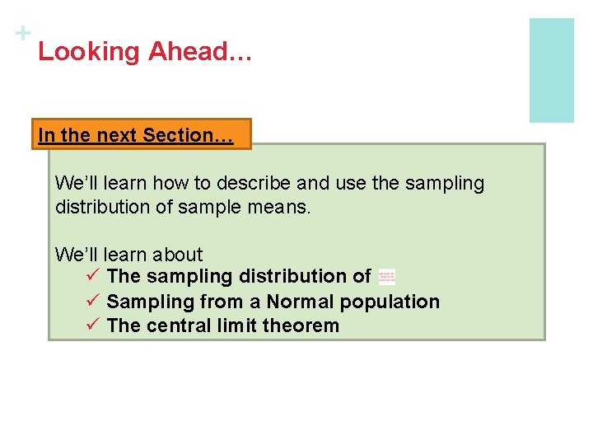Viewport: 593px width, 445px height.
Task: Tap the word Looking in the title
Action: [89, 52]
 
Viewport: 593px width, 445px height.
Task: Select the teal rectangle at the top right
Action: [551, 70]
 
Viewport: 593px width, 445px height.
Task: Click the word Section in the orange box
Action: [184, 135]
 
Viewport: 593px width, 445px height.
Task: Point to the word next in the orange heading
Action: [117, 135]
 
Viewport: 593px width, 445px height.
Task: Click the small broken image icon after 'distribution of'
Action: [386, 277]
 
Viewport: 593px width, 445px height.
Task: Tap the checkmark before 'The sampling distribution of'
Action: [92, 276]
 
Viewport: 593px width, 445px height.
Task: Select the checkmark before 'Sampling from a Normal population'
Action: [92, 301]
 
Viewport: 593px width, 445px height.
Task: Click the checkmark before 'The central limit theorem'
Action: [92, 325]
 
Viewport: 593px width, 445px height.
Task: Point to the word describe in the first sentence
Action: [238, 183]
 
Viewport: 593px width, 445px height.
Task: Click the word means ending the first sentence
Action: [284, 207]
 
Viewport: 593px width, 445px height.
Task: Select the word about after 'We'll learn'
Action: [180, 255]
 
